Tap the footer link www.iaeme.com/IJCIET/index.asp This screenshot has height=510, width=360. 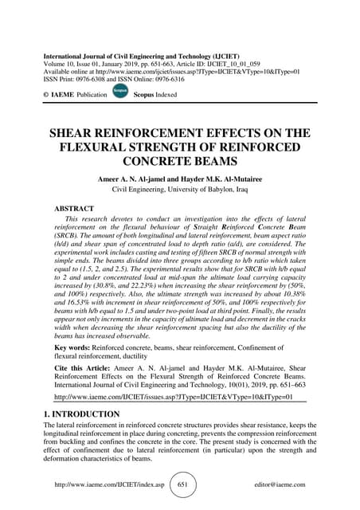tap(109, 484)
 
